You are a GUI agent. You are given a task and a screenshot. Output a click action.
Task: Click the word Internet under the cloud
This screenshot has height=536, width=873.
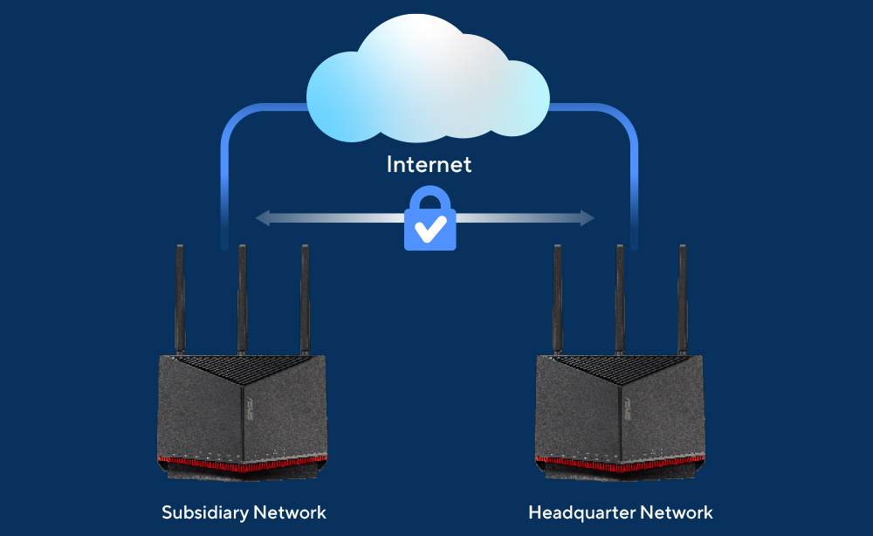click(x=429, y=164)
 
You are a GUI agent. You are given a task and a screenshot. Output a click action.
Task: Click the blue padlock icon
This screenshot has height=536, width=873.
click(x=430, y=218)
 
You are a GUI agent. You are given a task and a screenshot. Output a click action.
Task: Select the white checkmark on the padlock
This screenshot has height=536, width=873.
click(x=430, y=228)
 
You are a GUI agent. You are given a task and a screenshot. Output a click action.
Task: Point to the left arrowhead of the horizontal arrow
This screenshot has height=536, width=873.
click(x=262, y=218)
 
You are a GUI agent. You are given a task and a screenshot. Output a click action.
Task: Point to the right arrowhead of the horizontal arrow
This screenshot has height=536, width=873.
click(x=588, y=218)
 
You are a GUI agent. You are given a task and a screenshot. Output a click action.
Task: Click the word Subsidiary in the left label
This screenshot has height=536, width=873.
click(x=204, y=512)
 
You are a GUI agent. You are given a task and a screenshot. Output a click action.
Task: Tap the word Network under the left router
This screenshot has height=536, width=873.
click(x=290, y=512)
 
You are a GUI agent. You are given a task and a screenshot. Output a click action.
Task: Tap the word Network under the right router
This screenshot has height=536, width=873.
click(x=676, y=512)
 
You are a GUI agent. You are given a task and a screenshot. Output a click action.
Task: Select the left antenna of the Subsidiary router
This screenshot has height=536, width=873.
click(x=180, y=299)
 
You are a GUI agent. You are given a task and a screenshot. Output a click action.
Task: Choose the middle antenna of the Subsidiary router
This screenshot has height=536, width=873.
click(x=242, y=299)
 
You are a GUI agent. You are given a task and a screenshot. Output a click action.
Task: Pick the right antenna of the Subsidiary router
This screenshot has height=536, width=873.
click(x=305, y=299)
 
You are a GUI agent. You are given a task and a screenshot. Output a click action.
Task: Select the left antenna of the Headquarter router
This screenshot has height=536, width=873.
click(x=557, y=299)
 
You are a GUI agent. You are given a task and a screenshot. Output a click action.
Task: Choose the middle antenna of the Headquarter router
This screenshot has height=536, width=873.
click(x=620, y=299)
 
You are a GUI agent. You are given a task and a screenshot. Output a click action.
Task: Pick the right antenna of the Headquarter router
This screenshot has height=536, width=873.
click(x=683, y=299)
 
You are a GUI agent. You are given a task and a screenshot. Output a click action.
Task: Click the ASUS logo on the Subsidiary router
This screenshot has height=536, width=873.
click(x=250, y=409)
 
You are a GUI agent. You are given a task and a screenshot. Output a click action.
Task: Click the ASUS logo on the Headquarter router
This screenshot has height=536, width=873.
click(x=628, y=409)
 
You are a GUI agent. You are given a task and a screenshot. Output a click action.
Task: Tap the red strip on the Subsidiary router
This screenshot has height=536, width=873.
click(x=242, y=463)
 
